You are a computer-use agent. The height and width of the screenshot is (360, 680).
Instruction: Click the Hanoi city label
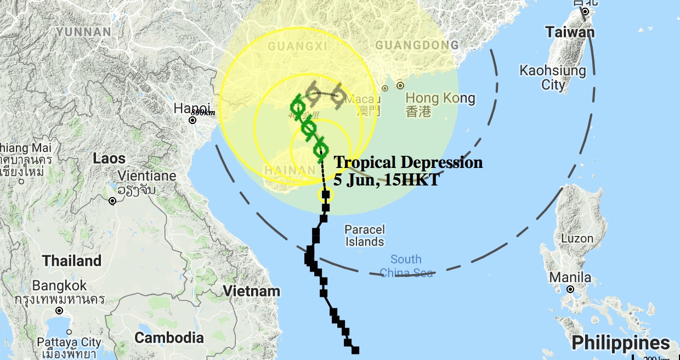click(x=191, y=108)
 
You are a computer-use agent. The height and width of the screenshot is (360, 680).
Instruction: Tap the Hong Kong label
click(x=440, y=98)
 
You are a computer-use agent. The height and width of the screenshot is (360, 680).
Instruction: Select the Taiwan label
click(x=570, y=32)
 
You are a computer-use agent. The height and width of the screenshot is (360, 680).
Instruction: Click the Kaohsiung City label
click(x=553, y=77)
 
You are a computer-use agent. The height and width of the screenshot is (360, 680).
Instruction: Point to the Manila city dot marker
click(x=570, y=289)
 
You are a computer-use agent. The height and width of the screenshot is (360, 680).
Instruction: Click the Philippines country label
click(x=620, y=344)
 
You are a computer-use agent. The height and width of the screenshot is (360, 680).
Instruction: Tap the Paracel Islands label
click(x=365, y=235)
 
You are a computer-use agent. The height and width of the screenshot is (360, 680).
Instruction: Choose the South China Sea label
click(x=406, y=266)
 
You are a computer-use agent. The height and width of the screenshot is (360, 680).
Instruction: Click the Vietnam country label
click(x=252, y=291)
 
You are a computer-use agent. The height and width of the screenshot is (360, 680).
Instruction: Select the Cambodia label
click(x=169, y=337)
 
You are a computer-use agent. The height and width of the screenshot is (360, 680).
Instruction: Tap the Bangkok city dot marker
click(x=59, y=311)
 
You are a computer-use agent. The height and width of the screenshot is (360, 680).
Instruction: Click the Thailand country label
click(x=72, y=260)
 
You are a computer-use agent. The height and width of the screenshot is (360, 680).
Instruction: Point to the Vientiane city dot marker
click(x=112, y=201)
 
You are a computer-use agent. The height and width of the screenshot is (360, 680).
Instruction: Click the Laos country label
click(x=109, y=159)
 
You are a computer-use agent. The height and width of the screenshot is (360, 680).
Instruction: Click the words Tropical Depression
click(x=408, y=162)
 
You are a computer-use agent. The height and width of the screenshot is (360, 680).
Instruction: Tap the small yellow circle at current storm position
click(x=324, y=194)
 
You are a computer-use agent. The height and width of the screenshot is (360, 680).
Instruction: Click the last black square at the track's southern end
click(x=355, y=350)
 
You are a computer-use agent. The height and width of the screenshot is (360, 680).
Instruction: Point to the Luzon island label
click(x=577, y=239)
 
